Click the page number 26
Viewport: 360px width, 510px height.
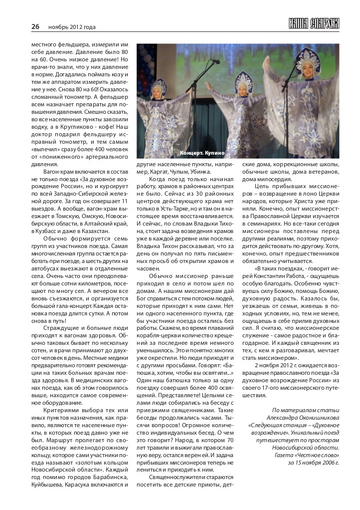pyautogui.click(x=35, y=26)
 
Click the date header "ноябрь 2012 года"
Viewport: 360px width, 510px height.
pyautogui.click(x=72, y=27)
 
